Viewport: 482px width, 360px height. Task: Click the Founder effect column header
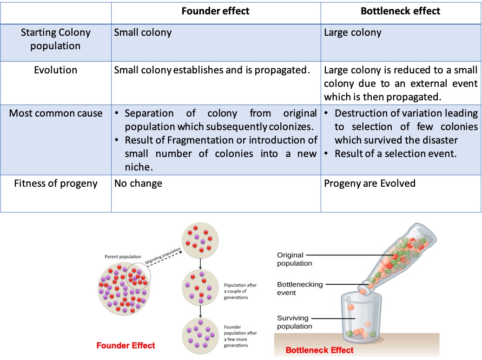[x=216, y=11]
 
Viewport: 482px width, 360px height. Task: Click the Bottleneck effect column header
[x=400, y=11]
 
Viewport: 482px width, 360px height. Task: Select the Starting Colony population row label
[x=56, y=39]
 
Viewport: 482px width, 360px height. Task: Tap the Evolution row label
[x=56, y=70]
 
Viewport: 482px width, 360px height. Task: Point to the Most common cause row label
[x=56, y=113]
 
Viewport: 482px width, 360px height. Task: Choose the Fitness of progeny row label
[x=56, y=183]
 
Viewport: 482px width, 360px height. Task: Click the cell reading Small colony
[x=143, y=33]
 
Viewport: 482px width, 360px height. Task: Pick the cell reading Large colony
[x=352, y=33]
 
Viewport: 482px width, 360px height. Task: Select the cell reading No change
[x=138, y=183]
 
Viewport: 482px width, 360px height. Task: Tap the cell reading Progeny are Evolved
[x=370, y=183]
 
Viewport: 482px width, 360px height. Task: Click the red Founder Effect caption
[x=125, y=345]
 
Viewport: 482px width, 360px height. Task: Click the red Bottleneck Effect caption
[x=319, y=350]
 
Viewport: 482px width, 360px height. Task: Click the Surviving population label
[x=294, y=322]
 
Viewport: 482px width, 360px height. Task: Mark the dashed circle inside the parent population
[x=138, y=278]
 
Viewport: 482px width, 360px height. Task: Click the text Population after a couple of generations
[x=240, y=291]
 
